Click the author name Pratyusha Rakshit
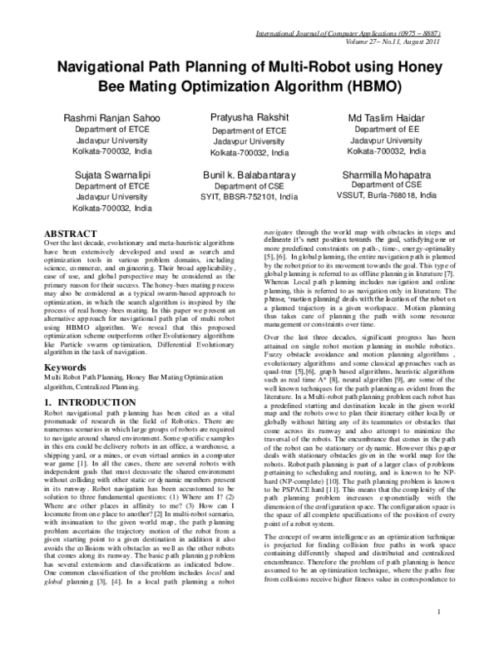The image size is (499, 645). (x=249, y=119)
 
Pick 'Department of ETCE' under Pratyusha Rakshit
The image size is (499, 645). (x=249, y=131)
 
